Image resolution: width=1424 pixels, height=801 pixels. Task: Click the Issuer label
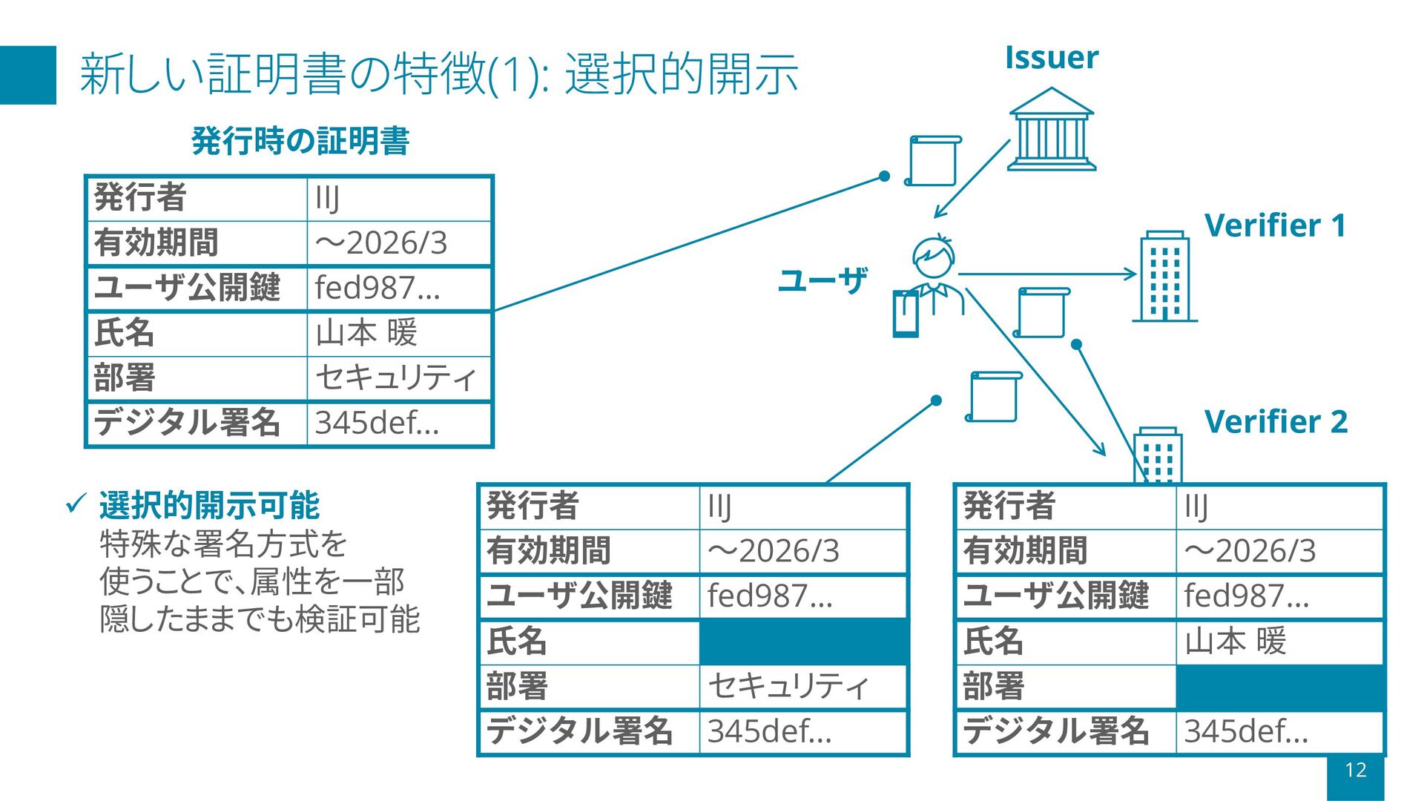[x=1051, y=58]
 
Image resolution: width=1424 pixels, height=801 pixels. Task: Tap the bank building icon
[x=1052, y=131]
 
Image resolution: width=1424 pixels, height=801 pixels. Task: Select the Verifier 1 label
[x=1275, y=225]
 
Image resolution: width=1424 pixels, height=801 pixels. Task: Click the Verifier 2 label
[x=1276, y=421]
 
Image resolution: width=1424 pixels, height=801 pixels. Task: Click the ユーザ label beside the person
[x=823, y=280]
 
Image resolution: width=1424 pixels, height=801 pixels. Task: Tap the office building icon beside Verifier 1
[x=1164, y=276]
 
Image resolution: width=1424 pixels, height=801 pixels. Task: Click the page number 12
[x=1356, y=770]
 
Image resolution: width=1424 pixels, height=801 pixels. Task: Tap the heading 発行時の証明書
[x=300, y=141]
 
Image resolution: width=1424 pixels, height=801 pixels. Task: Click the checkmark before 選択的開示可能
[x=76, y=504]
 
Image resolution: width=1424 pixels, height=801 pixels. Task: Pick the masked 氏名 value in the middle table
[x=803, y=642]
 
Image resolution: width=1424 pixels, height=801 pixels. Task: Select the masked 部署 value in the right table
[x=1279, y=687]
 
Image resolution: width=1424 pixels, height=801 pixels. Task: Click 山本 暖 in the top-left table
[x=366, y=333]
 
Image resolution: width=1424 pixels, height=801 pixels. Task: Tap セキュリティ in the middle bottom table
[x=788, y=686]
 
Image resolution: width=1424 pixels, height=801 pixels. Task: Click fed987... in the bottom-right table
[x=1246, y=596]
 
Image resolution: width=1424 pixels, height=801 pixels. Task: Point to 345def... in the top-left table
[x=377, y=423]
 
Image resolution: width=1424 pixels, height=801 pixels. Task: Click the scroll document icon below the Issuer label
[x=934, y=160]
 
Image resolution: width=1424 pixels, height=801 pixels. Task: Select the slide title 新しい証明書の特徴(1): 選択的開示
[x=438, y=74]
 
